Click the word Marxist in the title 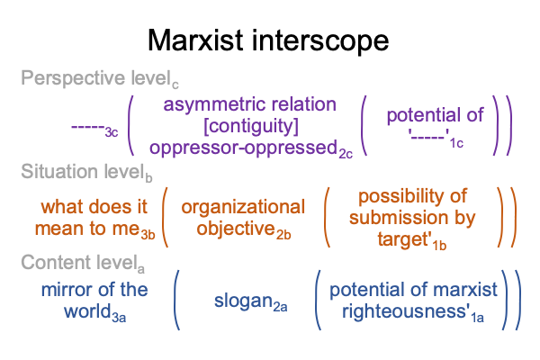click(x=195, y=40)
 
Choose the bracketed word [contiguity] click(x=251, y=126)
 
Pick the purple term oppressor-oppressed click(x=244, y=148)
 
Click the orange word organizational click(x=243, y=207)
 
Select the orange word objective click(x=236, y=229)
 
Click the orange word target click(x=402, y=239)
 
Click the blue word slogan click(x=244, y=301)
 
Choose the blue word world click(x=87, y=311)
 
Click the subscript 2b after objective click(x=283, y=235)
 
